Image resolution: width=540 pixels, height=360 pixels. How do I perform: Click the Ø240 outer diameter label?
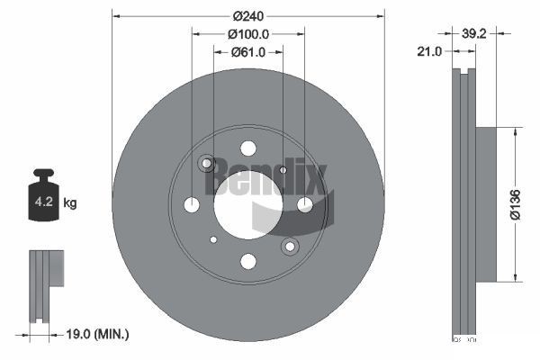[248, 15]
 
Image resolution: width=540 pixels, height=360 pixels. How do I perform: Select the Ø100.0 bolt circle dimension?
[248, 34]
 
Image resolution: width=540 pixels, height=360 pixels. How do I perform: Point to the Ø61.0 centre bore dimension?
[248, 52]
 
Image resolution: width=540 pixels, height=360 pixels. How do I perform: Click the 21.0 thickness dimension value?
[430, 52]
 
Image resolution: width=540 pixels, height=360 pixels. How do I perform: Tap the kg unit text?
[70, 203]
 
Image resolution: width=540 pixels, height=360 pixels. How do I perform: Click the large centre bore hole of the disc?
[247, 204]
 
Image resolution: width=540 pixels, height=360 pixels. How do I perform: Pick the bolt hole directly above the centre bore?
[248, 149]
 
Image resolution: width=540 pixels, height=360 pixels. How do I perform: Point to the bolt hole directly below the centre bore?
[248, 261]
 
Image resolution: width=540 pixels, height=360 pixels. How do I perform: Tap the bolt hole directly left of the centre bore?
[192, 205]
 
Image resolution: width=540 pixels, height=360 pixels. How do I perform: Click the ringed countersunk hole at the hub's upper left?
[207, 164]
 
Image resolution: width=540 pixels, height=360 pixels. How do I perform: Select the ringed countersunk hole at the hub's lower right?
[290, 246]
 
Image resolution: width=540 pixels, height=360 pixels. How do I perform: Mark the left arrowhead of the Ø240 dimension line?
[116, 15]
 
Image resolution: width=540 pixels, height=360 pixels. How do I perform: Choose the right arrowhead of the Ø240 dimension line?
[382, 15]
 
